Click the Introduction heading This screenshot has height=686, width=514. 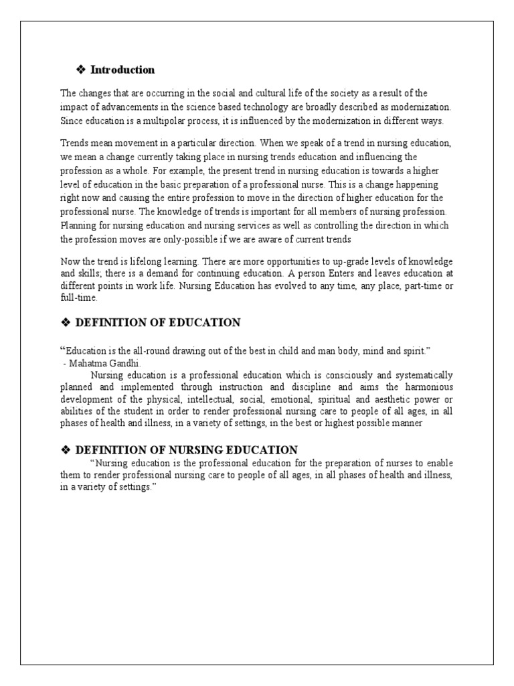(x=122, y=70)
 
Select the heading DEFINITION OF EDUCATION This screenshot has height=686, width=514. (x=158, y=323)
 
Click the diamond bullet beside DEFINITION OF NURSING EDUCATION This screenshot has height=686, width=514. (x=66, y=450)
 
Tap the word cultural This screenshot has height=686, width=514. (x=280, y=93)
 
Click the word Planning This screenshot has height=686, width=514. (x=77, y=225)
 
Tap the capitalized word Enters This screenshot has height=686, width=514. (x=344, y=273)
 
